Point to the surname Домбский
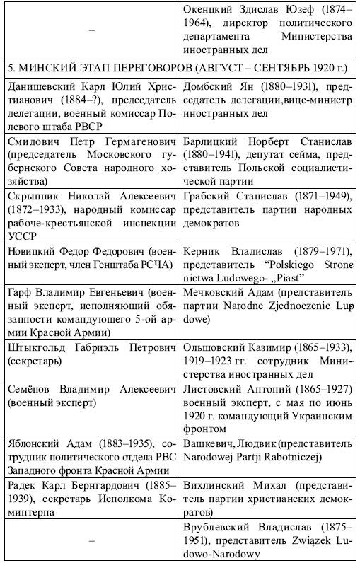coord(209,86)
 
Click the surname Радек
coord(22,487)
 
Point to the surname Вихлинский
coord(217,487)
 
